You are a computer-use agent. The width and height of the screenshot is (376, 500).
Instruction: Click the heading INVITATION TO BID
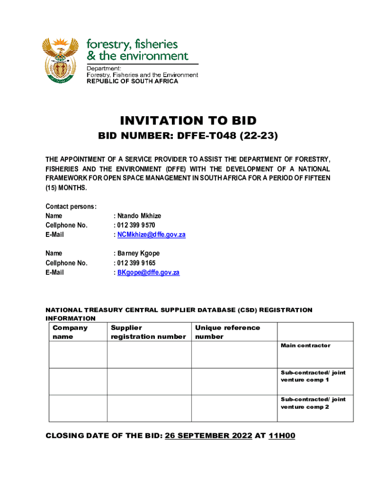(188, 121)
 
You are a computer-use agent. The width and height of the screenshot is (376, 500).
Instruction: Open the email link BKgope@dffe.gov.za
(148, 272)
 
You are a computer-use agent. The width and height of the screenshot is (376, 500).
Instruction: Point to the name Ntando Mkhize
(139, 216)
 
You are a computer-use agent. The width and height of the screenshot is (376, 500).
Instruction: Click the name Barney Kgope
(138, 253)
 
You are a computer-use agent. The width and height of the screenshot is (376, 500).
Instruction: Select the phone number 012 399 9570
(136, 225)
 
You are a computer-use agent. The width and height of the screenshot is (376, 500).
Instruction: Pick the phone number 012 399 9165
(136, 263)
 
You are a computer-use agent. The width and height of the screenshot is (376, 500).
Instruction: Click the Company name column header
(70, 332)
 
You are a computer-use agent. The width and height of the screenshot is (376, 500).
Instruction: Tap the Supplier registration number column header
(148, 332)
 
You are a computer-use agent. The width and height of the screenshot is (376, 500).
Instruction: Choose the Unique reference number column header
(227, 332)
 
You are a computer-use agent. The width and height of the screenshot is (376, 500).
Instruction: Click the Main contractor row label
(305, 346)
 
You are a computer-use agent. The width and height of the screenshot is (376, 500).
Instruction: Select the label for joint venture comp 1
(313, 376)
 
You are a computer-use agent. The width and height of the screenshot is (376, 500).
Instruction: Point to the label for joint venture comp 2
(313, 403)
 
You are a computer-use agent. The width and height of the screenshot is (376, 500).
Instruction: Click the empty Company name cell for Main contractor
(78, 354)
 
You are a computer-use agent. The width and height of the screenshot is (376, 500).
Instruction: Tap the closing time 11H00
(282, 436)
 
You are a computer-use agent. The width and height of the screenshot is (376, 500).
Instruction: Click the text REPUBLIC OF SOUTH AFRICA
(132, 82)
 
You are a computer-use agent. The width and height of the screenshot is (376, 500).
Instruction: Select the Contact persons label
(71, 207)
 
